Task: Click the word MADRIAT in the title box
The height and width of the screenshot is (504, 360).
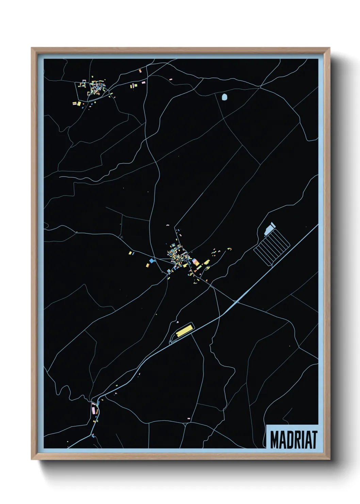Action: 294,440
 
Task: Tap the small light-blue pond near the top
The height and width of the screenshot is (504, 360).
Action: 224,98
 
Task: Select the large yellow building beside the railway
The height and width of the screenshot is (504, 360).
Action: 184,330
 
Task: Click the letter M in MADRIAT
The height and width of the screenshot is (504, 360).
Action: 274,440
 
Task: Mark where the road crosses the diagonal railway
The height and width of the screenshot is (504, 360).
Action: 235,302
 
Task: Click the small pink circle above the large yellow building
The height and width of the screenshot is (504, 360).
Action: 178,321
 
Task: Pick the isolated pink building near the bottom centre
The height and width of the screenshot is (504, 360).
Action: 189,418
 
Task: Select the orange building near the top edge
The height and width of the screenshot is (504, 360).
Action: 140,71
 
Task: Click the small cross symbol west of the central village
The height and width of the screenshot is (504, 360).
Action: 121,236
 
